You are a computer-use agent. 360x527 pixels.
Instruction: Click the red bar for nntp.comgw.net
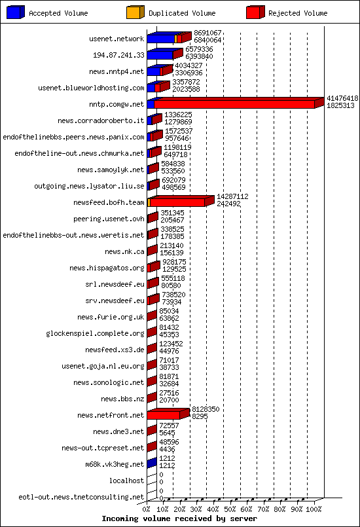click(234, 104)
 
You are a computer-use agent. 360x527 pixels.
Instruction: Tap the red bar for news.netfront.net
click(163, 415)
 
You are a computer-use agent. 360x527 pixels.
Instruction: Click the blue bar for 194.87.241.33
click(160, 55)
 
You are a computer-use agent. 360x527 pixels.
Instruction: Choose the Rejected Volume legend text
click(298, 13)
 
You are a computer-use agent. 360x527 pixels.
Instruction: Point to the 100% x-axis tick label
click(314, 509)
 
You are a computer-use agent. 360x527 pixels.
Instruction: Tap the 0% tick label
click(147, 509)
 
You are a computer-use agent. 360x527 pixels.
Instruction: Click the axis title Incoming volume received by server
click(179, 518)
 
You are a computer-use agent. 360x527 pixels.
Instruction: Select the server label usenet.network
click(117, 39)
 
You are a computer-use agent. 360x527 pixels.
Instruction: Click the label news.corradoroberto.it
click(101, 120)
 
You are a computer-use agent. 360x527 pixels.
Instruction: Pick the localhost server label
click(126, 481)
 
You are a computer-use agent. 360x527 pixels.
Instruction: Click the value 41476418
click(342, 98)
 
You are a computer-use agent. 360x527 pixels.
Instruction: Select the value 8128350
click(206, 409)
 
